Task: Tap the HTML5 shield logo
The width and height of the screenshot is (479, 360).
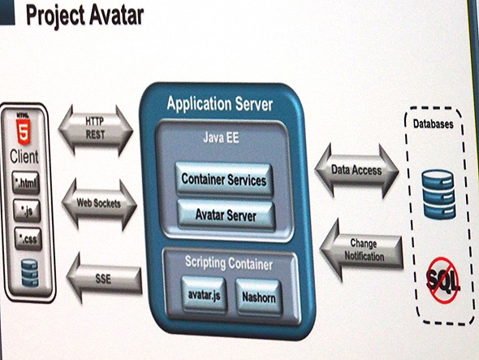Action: click(24, 128)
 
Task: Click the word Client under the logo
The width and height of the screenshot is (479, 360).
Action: click(24, 154)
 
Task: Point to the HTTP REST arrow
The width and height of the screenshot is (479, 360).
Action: click(96, 128)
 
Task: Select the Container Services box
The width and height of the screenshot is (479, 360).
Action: click(223, 179)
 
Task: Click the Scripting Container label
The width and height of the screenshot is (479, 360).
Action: click(227, 264)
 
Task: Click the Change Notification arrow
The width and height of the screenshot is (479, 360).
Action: click(361, 248)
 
